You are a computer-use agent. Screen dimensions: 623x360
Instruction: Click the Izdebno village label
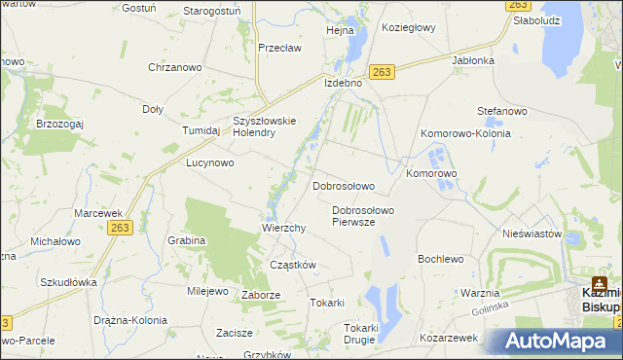click(343, 84)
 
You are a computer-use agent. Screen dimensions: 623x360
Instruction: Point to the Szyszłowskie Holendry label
click(263, 127)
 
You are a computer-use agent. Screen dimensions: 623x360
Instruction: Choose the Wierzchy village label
click(284, 228)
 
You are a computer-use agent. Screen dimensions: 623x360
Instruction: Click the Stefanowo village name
click(501, 112)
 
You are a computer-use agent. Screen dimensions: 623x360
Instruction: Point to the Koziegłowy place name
click(409, 28)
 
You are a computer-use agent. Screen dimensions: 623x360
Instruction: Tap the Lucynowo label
click(210, 163)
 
